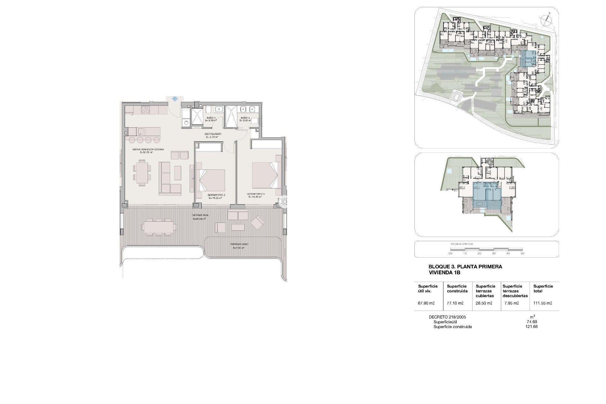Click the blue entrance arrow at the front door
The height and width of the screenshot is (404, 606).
[x=174, y=99]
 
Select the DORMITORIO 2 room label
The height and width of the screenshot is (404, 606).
[x=216, y=195]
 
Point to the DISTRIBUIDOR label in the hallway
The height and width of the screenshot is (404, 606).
[x=213, y=134]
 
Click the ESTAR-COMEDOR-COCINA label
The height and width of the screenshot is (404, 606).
[x=148, y=149]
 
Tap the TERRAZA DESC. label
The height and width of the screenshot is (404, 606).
[x=239, y=244]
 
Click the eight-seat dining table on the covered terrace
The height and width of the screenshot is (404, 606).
[x=159, y=226]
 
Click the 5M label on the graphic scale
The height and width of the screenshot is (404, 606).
[x=522, y=254]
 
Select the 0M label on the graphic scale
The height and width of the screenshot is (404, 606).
[x=450, y=254]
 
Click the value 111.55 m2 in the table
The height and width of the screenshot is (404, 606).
[x=543, y=303]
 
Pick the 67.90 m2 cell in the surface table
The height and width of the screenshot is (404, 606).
[x=426, y=303]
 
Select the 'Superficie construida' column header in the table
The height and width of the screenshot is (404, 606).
[x=457, y=288]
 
